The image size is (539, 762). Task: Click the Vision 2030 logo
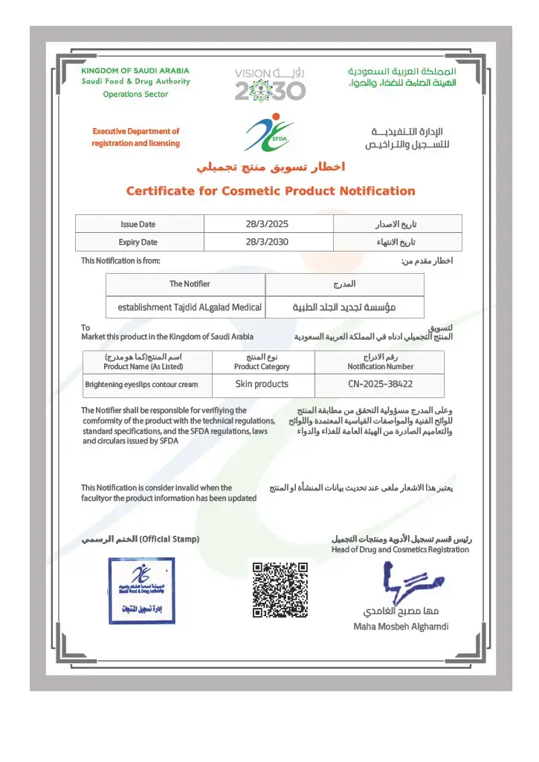(270, 84)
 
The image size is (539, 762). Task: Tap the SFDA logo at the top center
(269, 132)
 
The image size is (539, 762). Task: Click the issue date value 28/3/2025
(267, 224)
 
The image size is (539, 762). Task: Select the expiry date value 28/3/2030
(267, 242)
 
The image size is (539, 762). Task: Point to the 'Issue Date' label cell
(138, 224)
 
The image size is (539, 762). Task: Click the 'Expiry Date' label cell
(138, 242)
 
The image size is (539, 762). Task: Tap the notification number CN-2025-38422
(380, 384)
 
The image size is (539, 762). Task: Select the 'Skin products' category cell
(262, 384)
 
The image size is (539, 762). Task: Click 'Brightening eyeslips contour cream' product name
(141, 385)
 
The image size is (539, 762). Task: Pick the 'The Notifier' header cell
(190, 284)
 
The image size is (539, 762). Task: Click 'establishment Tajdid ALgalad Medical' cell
(190, 307)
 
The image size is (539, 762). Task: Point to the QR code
(280, 590)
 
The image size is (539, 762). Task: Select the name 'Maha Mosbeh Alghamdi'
(401, 627)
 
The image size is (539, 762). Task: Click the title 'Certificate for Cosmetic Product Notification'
(271, 191)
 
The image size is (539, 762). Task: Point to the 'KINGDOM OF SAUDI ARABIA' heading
(135, 71)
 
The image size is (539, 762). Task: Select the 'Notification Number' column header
(380, 366)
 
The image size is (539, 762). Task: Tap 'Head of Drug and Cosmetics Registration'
(400, 550)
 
